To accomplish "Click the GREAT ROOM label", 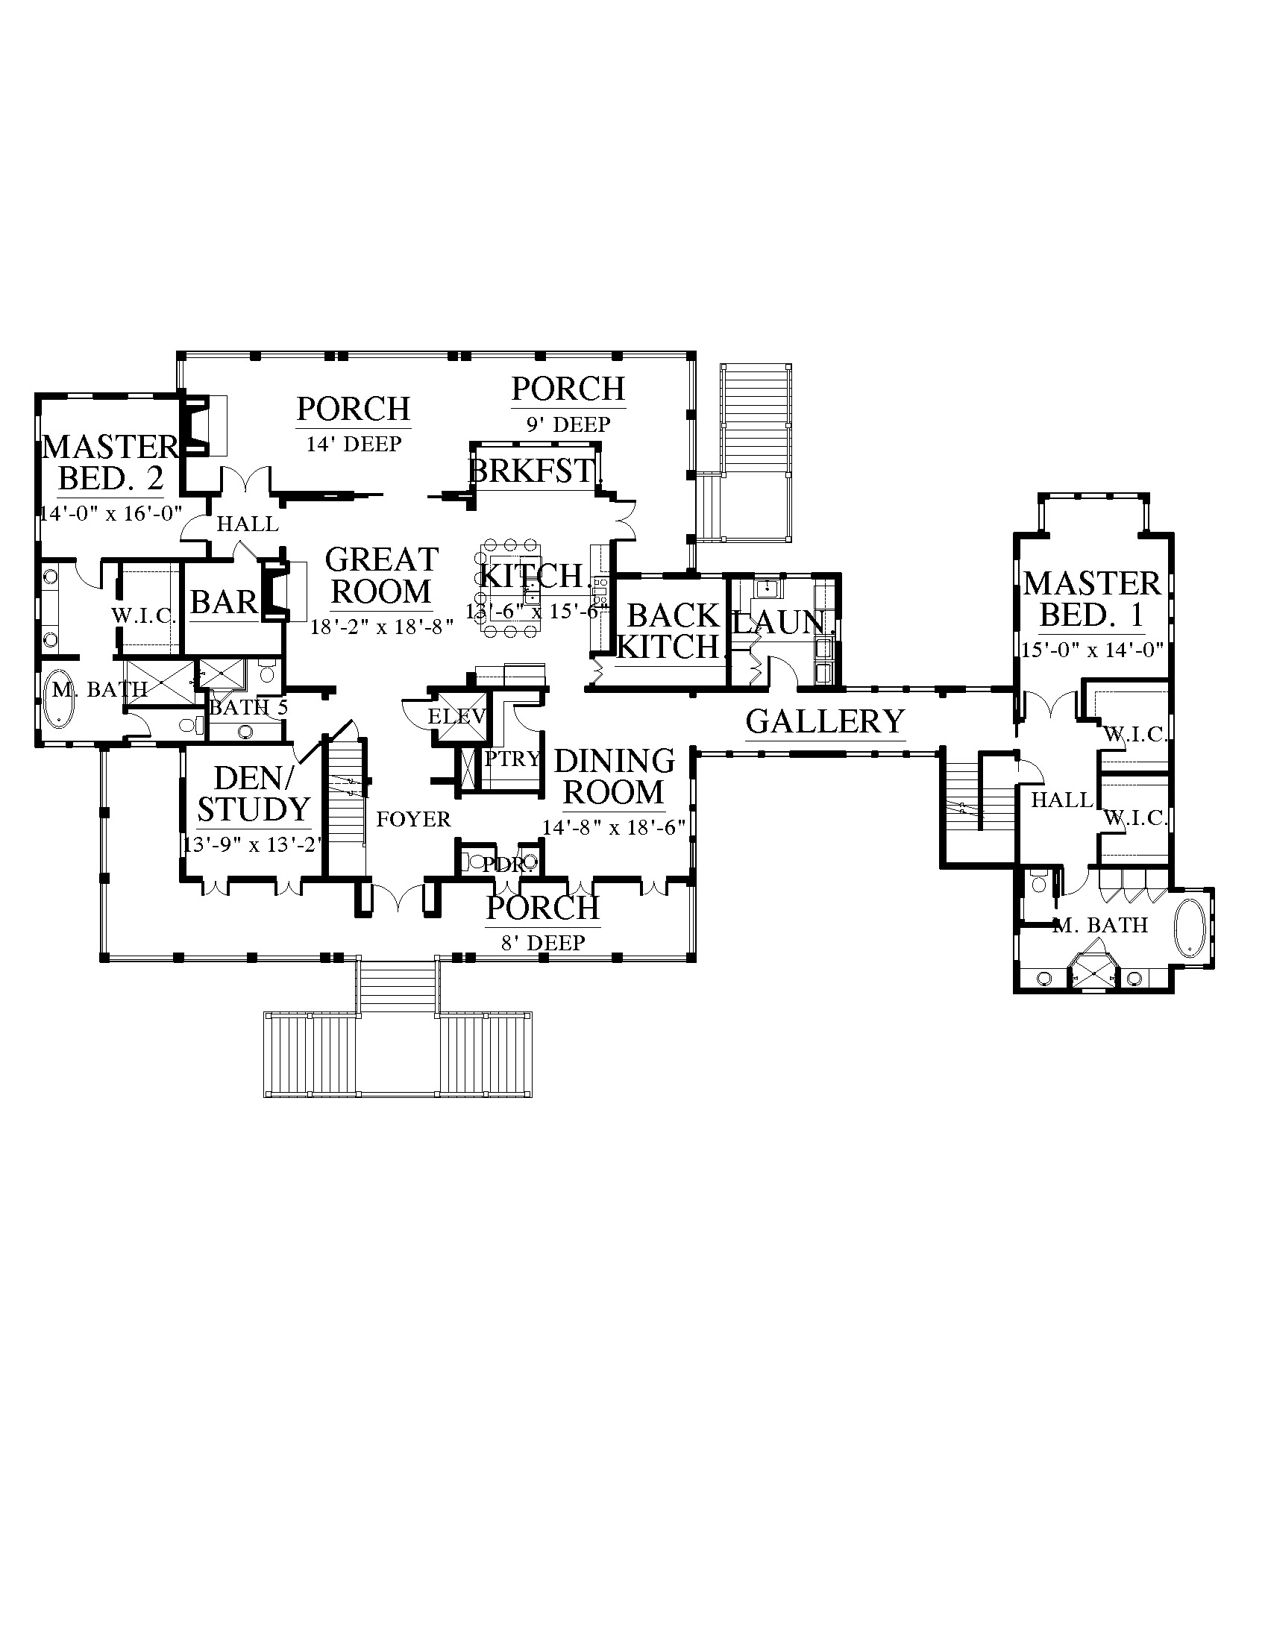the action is [382, 576].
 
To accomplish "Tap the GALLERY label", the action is [826, 721].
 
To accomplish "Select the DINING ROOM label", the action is [615, 776].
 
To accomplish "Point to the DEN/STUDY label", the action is [253, 794].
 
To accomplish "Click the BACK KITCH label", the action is [668, 631].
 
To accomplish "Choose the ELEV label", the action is [456, 716].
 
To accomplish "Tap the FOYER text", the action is [413, 819].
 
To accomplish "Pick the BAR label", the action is [224, 602].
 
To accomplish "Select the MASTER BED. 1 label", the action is [1092, 599].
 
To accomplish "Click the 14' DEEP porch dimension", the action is [354, 444].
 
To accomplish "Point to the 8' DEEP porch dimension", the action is [543, 943].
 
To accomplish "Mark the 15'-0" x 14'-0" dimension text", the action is [1093, 649].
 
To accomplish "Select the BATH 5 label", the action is [248, 707].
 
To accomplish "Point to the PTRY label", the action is [512, 759].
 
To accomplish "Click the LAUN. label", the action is [779, 623].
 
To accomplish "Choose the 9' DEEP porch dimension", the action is [568, 424].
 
